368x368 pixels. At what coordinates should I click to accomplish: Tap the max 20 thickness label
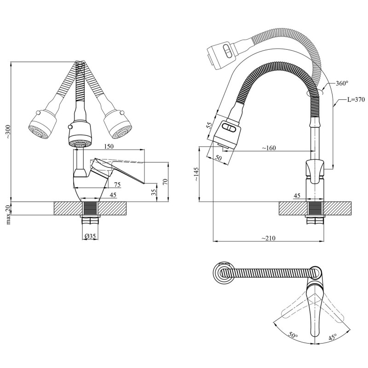(x=7, y=214)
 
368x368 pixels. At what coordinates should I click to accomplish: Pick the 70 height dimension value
(x=165, y=181)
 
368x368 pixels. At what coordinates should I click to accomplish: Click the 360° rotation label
(x=342, y=84)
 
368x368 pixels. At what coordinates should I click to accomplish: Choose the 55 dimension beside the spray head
(x=210, y=126)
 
